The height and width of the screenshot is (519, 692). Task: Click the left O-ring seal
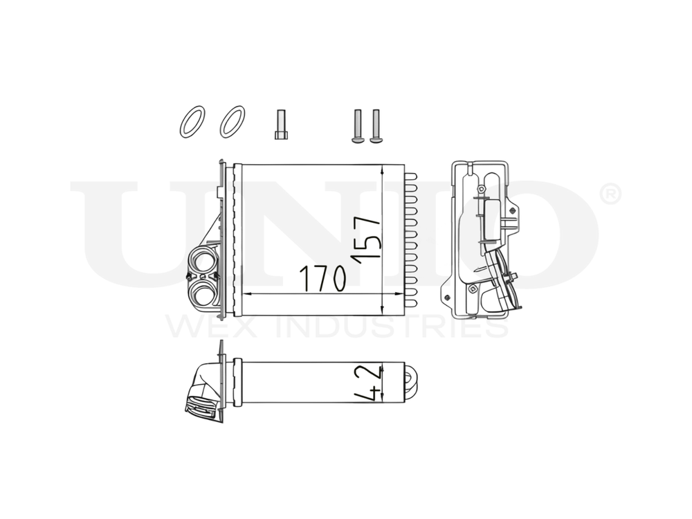tap(192, 122)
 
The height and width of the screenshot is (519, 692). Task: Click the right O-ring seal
tap(232, 122)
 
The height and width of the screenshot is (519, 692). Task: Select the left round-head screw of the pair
tap(358, 127)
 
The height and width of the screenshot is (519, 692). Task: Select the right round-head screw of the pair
tap(376, 127)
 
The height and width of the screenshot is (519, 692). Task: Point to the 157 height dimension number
tap(367, 237)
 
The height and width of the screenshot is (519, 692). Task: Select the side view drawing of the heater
tap(483, 239)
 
